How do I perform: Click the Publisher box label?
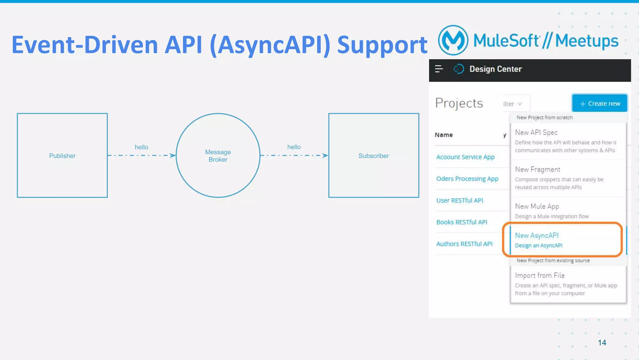point(62,156)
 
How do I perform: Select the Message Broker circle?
point(218,156)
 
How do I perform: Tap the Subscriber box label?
point(373,156)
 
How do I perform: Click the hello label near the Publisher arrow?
point(141,147)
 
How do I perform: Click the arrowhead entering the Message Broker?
point(172,155)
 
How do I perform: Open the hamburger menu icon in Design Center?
point(439,69)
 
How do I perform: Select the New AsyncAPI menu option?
point(537,235)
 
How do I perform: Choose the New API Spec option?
point(536,132)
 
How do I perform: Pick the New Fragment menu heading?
point(537,169)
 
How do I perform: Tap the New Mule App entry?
point(537,206)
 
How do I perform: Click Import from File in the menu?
point(539,275)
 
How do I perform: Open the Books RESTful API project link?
point(461,222)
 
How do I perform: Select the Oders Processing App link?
point(467,179)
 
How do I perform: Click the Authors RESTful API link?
point(464,244)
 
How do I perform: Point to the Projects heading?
point(459,103)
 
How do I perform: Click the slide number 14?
point(602,343)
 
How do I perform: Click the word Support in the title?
point(382,45)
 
